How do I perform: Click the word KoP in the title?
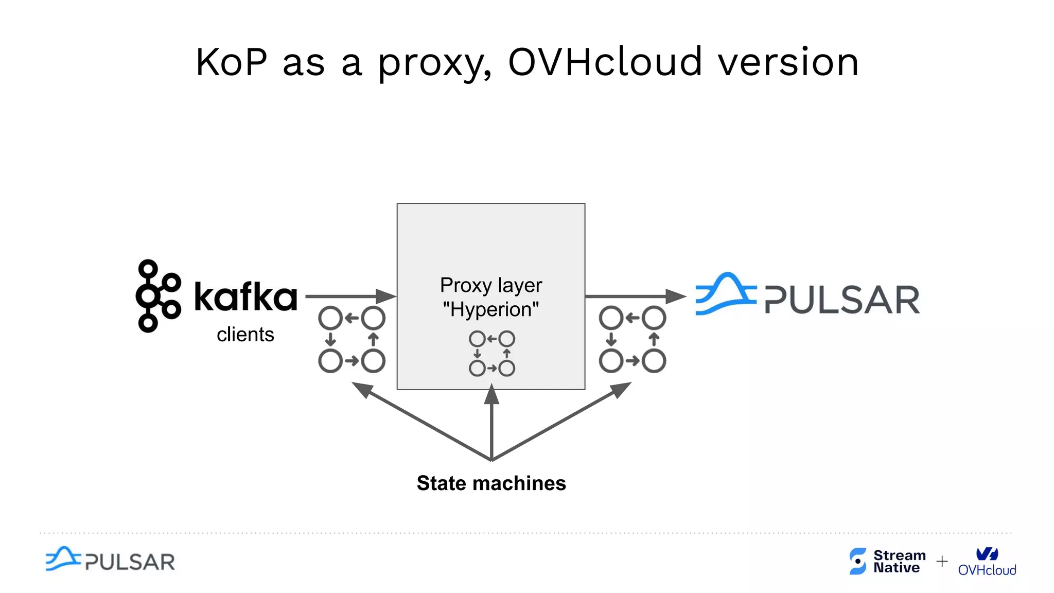(232, 62)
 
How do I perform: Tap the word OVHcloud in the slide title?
(605, 62)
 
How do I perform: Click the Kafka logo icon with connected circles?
(158, 296)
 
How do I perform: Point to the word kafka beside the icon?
(246, 297)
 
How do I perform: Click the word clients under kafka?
(245, 335)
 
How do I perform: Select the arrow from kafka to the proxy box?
(350, 296)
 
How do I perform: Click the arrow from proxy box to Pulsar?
(636, 296)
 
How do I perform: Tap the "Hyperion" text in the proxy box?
(491, 310)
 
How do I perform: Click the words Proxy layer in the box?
(491, 285)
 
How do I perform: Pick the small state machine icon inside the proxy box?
(491, 354)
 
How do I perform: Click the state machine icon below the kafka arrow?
(352, 340)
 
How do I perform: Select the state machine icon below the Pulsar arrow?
(633, 340)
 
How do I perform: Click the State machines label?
(491, 483)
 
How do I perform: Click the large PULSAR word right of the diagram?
(842, 300)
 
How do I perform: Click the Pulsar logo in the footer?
(110, 560)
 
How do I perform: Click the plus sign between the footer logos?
(942, 561)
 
